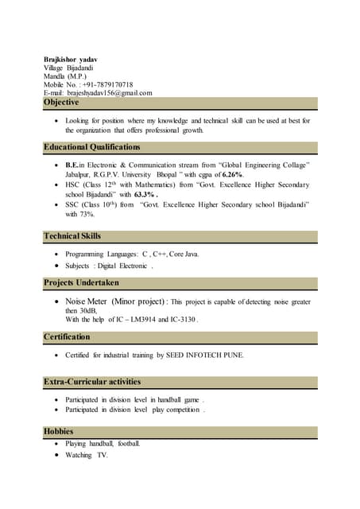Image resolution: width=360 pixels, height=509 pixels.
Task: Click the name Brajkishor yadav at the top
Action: [x=71, y=59]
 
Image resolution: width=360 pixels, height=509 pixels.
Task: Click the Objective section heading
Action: [x=62, y=103]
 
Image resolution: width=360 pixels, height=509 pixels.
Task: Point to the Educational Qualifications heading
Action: [x=92, y=147]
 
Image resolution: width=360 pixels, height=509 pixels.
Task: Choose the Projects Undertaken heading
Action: [x=82, y=282]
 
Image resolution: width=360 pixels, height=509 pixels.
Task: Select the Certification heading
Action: [x=67, y=337]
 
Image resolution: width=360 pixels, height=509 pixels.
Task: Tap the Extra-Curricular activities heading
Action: [x=92, y=383]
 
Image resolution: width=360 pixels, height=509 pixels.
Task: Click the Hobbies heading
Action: [x=59, y=432]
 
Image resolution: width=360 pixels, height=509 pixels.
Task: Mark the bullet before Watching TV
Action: [x=55, y=455]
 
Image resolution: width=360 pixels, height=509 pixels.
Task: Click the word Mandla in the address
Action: [x=54, y=76]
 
